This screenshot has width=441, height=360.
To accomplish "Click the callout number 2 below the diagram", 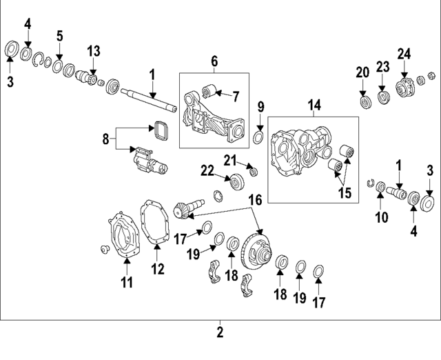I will pos(220,332).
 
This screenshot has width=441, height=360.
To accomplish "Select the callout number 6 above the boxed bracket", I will pos(214,62).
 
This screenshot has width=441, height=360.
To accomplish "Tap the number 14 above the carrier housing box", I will pos(314,105).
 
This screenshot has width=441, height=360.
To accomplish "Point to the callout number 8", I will pos(105,139).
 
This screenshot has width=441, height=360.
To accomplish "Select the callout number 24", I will pos(404,52).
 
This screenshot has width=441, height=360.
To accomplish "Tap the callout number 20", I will pos(362,72).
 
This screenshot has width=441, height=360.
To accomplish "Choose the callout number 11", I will pos(127,281).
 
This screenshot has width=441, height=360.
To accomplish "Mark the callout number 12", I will pos(158,268).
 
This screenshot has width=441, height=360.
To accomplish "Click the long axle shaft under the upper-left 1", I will pos(148,99).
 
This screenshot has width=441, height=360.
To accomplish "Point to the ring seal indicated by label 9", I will pos(258,137).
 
